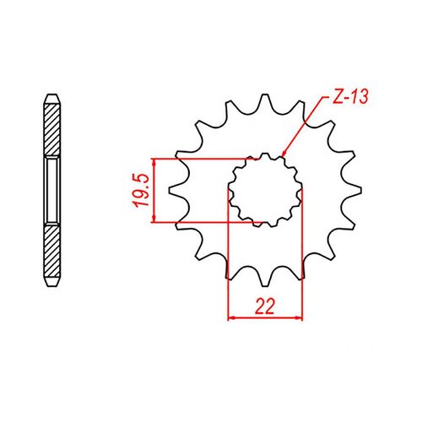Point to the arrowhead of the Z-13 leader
pos(284,156)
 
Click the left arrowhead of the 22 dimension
pos(233,318)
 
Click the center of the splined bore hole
pos(266,190)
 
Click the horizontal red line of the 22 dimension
pos(265,318)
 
